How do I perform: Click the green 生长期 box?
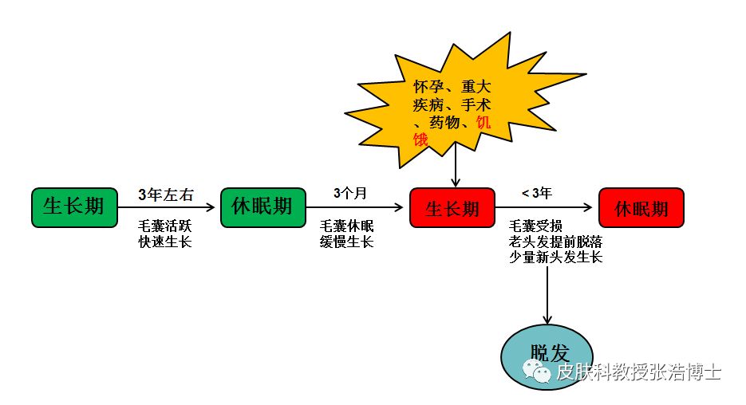click(74, 208)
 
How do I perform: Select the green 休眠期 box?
click(263, 208)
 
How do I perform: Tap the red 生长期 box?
click(452, 208)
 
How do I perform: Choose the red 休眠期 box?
click(641, 208)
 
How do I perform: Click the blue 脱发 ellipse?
click(547, 357)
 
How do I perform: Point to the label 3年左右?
click(166, 195)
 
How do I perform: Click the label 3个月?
click(349, 193)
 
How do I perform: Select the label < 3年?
click(537, 193)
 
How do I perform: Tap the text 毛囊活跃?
click(164, 226)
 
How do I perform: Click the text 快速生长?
click(164, 242)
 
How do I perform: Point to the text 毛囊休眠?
click(346, 226)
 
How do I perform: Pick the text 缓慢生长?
click(346, 242)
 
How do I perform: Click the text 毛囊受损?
click(535, 226)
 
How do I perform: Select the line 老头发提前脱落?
click(555, 242)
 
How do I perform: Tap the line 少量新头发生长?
click(555, 258)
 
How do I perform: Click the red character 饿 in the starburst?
click(420, 140)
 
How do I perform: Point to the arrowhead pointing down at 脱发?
click(547, 319)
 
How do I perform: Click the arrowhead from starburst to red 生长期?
click(456, 182)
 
